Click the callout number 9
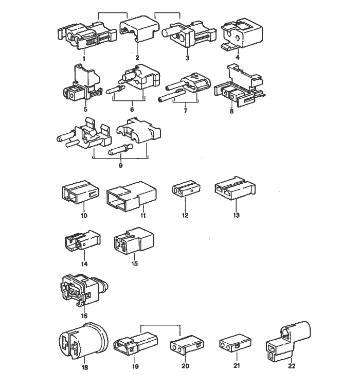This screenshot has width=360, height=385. pyautogui.click(x=121, y=166)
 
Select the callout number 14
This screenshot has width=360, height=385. pyautogui.click(x=84, y=264)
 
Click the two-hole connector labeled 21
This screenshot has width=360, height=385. pyautogui.click(x=230, y=345)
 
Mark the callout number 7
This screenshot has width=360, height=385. pyautogui.click(x=184, y=110)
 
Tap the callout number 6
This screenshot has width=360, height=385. pyautogui.click(x=132, y=109)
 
